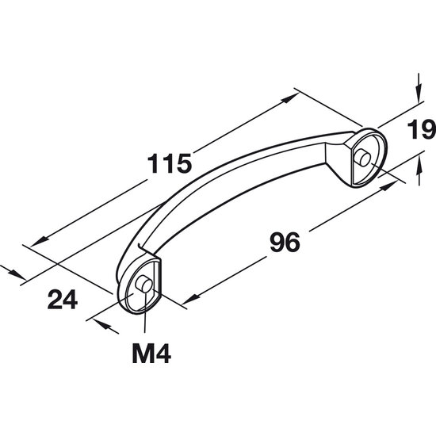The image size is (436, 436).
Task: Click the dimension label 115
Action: click(170, 164)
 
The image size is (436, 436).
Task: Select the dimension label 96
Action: click(285, 242)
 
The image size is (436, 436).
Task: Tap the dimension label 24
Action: click(63, 299)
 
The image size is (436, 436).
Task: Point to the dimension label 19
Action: click(421, 129)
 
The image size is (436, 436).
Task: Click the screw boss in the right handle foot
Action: click(363, 158)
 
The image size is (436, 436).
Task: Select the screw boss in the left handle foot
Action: click(143, 284)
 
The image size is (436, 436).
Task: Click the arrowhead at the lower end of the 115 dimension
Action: click(40, 241)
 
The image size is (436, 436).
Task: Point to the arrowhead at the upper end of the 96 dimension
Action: click(388, 185)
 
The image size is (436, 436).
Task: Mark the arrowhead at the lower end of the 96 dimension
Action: click(191, 299)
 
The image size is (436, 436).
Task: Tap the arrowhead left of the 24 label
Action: click(17, 274)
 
